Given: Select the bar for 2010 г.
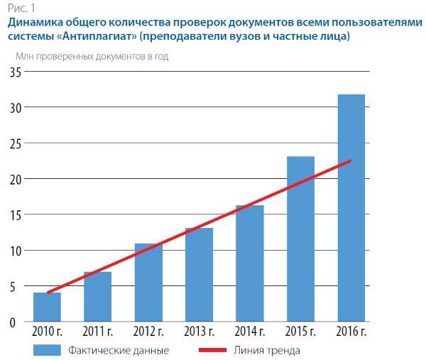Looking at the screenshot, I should point(47,307).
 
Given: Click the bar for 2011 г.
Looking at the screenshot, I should point(97,297).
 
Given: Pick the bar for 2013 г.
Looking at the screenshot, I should point(199,275).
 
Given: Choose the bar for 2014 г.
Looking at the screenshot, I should point(250,263).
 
